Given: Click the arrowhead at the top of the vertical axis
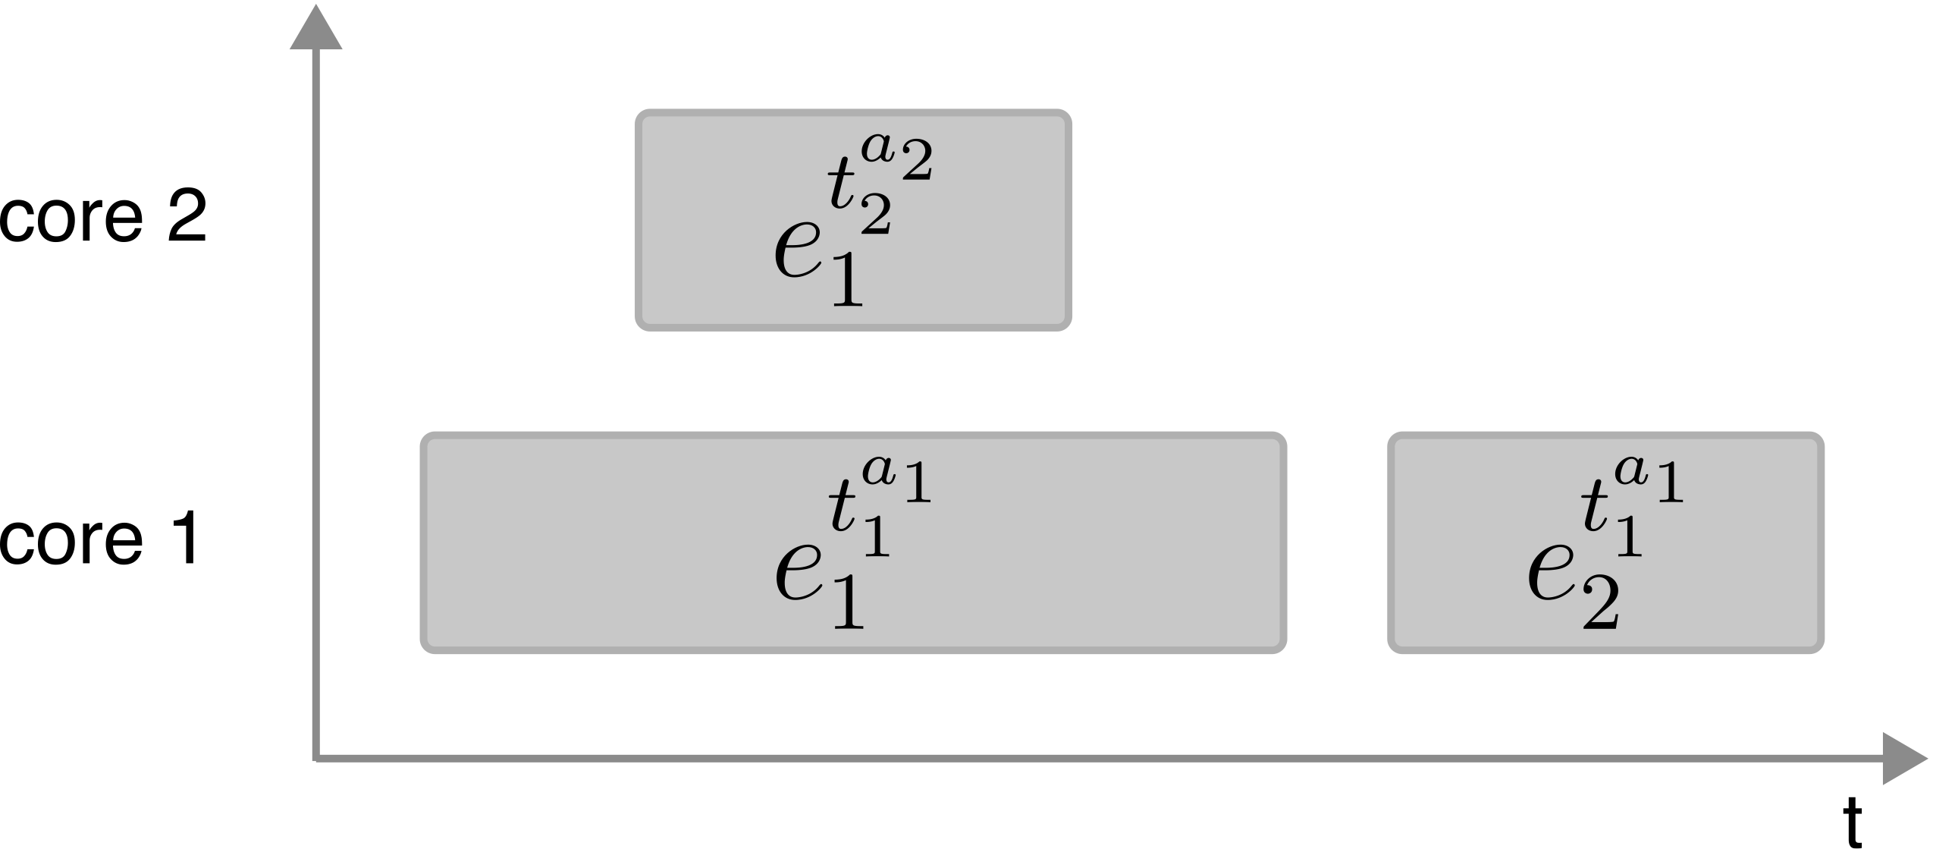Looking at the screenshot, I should tap(315, 29).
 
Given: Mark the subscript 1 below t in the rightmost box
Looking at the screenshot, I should tap(1627, 539).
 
